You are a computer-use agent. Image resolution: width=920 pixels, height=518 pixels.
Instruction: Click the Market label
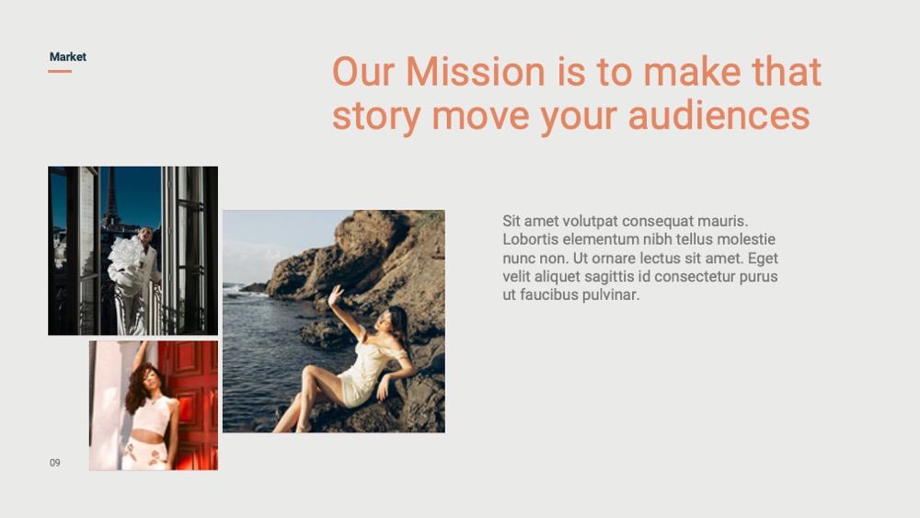coord(67,57)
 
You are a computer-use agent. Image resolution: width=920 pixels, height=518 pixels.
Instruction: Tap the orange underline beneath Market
coord(60,71)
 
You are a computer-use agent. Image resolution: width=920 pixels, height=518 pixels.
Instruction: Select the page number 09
coord(54,463)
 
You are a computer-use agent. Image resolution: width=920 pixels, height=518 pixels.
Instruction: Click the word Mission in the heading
coord(476,72)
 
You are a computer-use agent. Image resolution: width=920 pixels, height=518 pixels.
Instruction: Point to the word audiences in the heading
coord(719,115)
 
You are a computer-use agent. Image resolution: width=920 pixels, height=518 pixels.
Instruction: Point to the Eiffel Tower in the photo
coord(110,197)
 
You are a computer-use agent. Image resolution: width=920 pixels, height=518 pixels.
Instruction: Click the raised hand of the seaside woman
coord(335,294)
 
